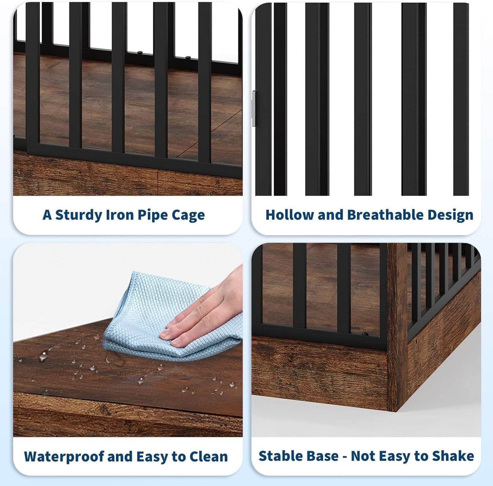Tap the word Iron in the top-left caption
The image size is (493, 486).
(119, 215)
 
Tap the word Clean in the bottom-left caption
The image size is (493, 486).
(208, 456)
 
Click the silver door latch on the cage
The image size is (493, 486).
(253, 108)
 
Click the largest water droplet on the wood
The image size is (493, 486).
(44, 356)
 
